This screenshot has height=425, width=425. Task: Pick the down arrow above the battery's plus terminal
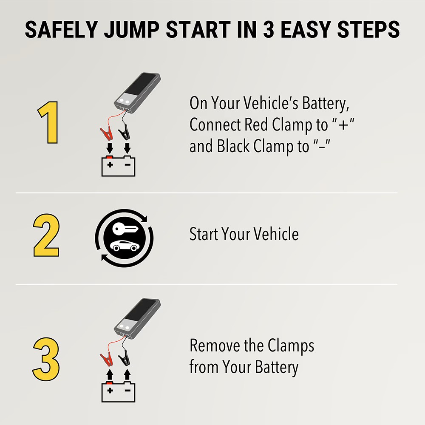[x=109, y=148]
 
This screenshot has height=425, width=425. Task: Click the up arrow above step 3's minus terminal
[x=126, y=374]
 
